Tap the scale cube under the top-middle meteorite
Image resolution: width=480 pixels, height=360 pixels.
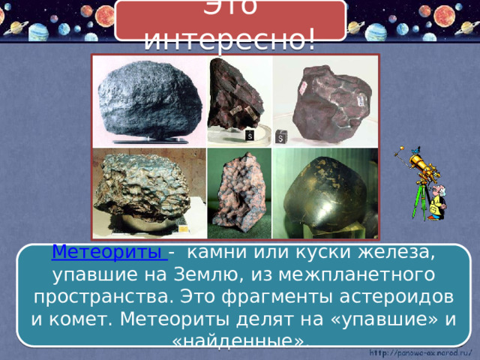coord(250,136)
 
